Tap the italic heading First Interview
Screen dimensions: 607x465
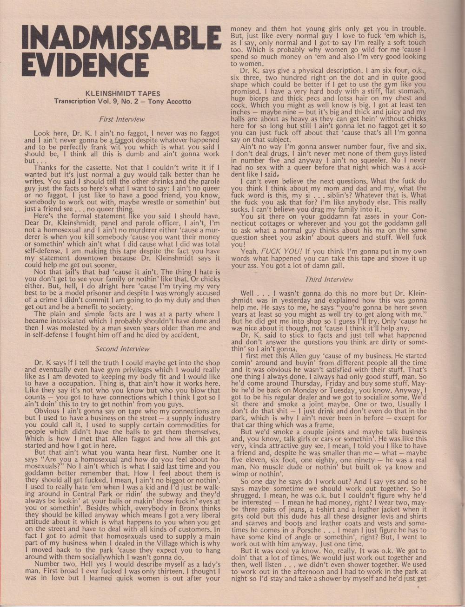click(122, 119)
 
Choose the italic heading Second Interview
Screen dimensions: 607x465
click(122, 348)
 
